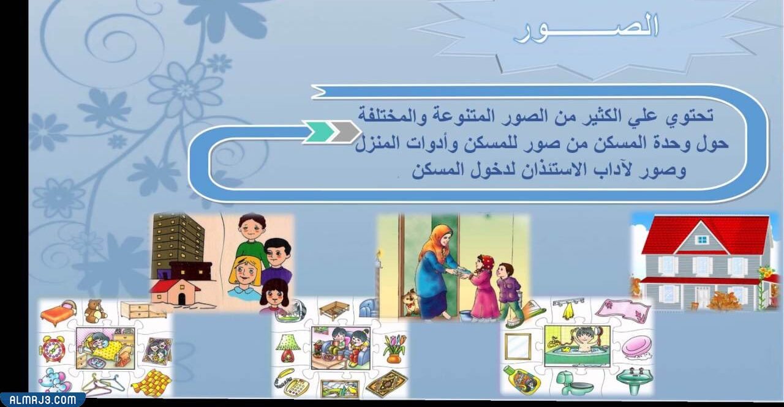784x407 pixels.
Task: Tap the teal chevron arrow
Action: coord(319,132)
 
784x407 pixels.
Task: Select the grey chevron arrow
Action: coord(345,132)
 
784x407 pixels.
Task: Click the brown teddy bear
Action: coord(95,311)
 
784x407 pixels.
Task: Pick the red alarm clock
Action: coord(52,349)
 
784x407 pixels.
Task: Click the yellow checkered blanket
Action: coord(151,383)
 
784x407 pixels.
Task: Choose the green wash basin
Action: coord(634,380)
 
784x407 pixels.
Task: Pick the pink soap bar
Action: coord(636,347)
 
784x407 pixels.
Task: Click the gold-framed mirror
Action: coord(518,346)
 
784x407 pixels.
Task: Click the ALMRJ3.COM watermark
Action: coord(42,400)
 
